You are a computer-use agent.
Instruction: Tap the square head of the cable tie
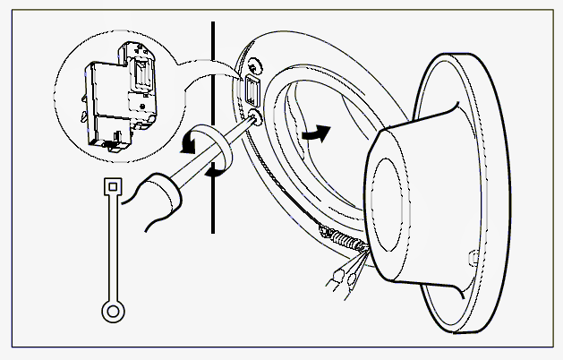[113, 189]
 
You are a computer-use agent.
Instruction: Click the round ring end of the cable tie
[113, 311]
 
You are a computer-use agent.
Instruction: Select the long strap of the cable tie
[113, 251]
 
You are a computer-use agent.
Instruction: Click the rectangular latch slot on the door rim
[252, 90]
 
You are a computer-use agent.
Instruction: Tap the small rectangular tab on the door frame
[472, 259]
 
